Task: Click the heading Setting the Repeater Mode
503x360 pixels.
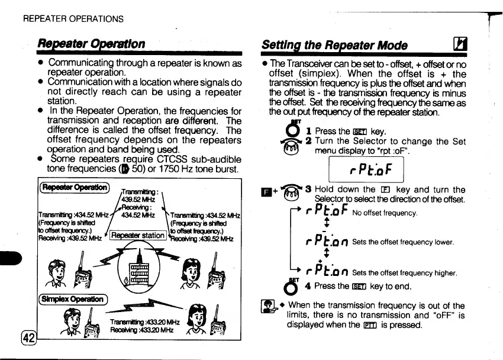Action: [334, 45]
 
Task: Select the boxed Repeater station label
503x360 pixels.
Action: [140, 235]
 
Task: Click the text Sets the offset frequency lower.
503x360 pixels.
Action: [405, 242]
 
